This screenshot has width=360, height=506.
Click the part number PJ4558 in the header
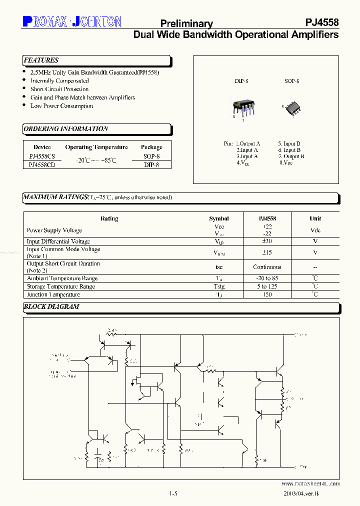[322, 22]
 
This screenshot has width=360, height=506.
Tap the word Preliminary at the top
[186, 23]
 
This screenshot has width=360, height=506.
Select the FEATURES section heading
[41, 60]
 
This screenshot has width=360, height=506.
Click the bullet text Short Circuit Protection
[59, 89]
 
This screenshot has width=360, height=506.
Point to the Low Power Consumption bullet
[61, 106]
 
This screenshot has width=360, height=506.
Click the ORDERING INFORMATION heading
[66, 129]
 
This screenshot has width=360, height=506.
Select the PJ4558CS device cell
[42, 156]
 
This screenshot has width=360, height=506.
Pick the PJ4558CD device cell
[42, 165]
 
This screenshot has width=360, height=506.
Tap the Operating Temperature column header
[96, 147]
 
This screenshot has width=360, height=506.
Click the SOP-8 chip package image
[292, 108]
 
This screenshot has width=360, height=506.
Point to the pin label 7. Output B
[291, 156]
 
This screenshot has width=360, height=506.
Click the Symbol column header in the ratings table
[219, 218]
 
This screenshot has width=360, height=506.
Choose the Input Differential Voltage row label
[58, 241]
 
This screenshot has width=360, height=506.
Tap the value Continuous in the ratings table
[267, 267]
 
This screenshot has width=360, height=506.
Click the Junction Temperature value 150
[267, 294]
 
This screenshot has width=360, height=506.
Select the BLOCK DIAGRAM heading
[51, 306]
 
